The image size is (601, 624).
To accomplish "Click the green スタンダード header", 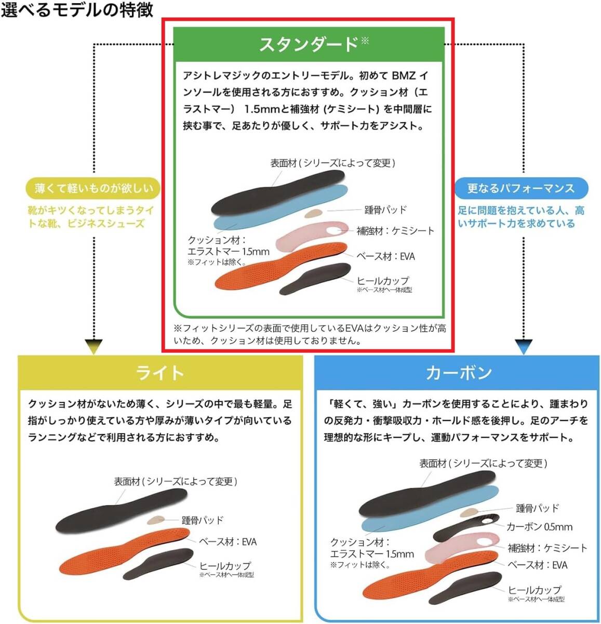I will point(309,44).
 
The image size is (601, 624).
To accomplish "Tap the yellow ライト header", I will point(160,373).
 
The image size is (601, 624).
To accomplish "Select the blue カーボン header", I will point(458,373).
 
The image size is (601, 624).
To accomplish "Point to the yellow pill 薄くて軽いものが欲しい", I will point(94,188).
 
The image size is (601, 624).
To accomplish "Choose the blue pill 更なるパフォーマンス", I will point(521,188).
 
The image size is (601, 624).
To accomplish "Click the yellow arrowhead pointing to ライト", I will point(94,347).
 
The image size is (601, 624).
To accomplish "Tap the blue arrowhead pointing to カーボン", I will point(523,347).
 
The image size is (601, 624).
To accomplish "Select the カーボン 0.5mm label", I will point(539,527).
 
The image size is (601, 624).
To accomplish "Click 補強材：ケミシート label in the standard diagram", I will point(395,231).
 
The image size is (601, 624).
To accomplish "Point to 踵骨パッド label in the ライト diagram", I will point(202,520).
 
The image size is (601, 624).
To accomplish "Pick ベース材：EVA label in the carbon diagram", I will point(538,565).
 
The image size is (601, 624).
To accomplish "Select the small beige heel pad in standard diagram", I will point(313,213).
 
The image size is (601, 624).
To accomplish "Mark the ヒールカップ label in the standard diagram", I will point(382,281).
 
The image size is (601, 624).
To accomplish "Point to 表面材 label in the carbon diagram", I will point(483,463).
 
